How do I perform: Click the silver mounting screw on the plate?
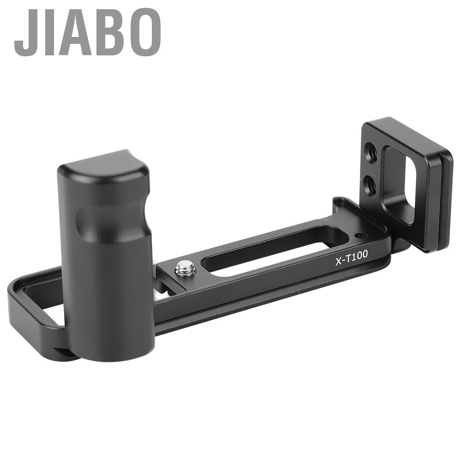point(186,268)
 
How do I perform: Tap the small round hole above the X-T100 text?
point(360,236)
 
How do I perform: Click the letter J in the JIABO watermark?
point(24,32)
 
